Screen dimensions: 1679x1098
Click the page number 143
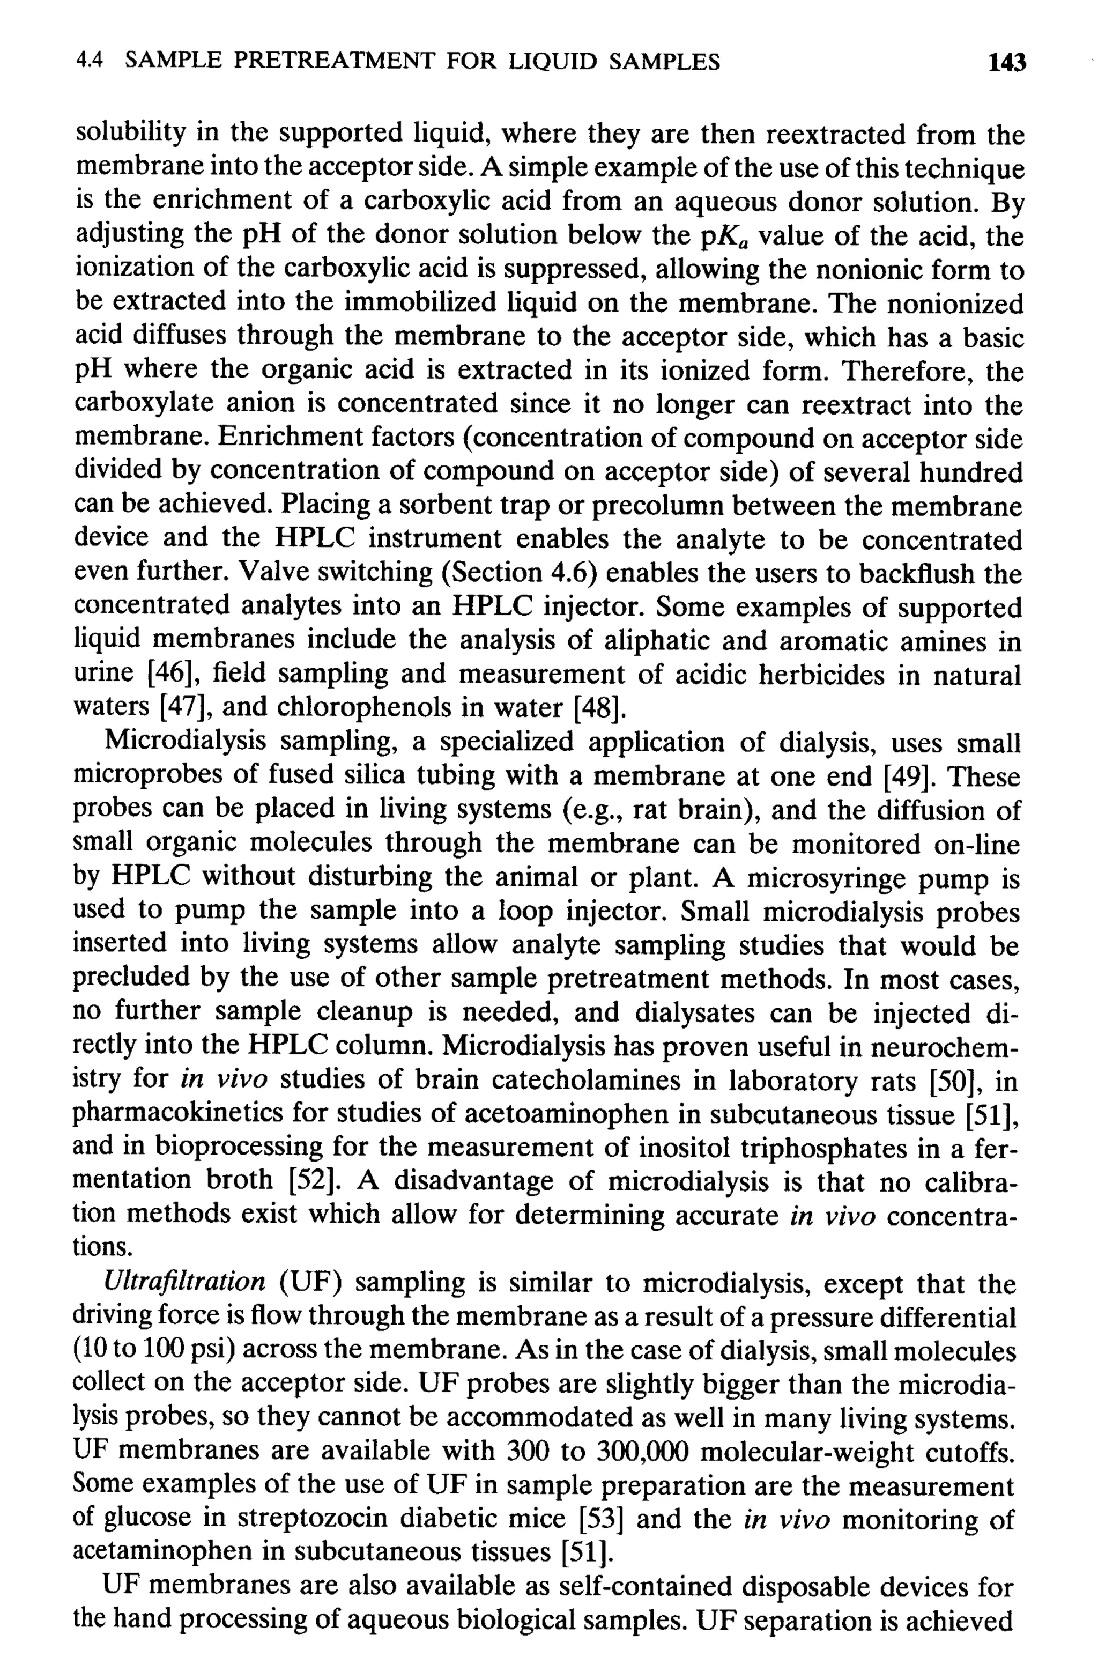[x=1006, y=63]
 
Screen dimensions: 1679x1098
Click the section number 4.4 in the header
[x=89, y=62]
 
